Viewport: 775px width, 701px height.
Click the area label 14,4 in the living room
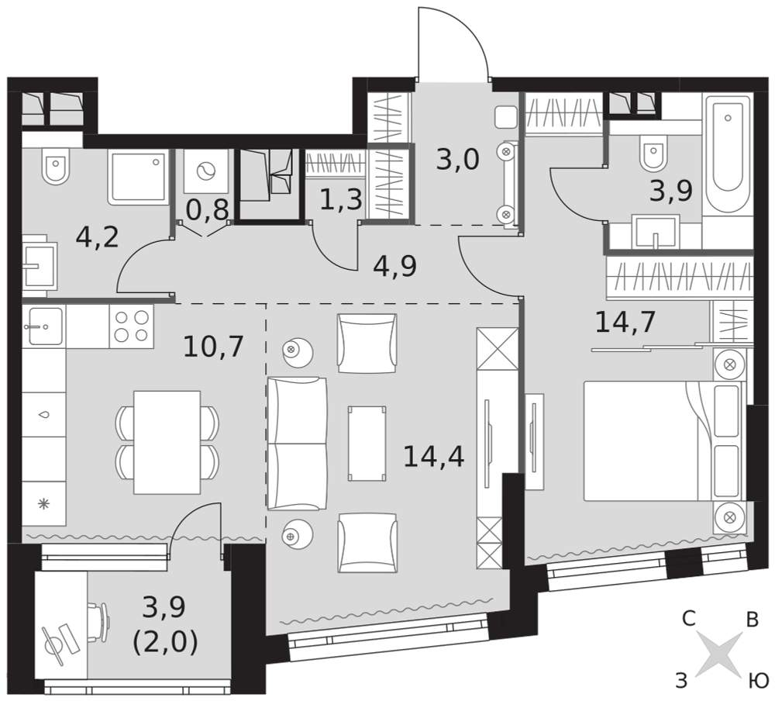pyautogui.click(x=433, y=456)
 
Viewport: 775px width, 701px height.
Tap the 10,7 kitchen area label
pyautogui.click(x=213, y=347)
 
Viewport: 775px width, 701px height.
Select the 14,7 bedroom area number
pyautogui.click(x=625, y=322)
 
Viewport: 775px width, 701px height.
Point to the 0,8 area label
pyautogui.click(x=207, y=209)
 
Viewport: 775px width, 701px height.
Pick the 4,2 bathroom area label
pyautogui.click(x=98, y=237)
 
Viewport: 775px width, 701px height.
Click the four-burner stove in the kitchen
pyautogui.click(x=132, y=326)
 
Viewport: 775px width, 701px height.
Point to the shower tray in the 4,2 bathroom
pyautogui.click(x=138, y=177)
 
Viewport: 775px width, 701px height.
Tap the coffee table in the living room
pyautogui.click(x=367, y=444)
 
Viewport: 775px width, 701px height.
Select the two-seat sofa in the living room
pyautogui.click(x=297, y=444)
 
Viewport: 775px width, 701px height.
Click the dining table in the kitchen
pyautogui.click(x=167, y=442)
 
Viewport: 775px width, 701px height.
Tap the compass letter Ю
pyautogui.click(x=757, y=682)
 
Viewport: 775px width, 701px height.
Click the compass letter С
pyautogui.click(x=689, y=618)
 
